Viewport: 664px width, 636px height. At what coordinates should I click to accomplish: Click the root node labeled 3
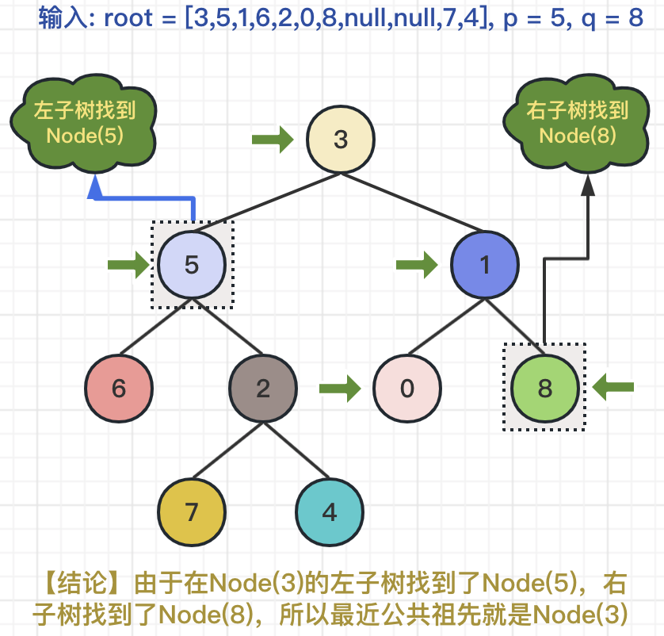click(x=341, y=140)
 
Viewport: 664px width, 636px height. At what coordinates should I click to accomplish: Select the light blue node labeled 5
click(x=192, y=264)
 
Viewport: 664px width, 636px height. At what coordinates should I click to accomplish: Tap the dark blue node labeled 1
click(x=485, y=264)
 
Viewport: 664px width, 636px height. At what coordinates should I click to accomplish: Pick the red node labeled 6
click(x=119, y=389)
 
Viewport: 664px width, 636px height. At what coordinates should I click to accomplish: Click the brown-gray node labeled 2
click(x=263, y=389)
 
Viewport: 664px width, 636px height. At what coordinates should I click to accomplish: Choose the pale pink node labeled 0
click(x=407, y=389)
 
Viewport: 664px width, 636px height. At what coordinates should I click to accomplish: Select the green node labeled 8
click(x=545, y=389)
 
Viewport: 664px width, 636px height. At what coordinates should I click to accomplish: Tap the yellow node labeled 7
click(x=191, y=511)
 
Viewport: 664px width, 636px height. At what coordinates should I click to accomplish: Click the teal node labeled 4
click(x=330, y=511)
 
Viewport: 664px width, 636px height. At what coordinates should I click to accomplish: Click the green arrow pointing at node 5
click(x=128, y=265)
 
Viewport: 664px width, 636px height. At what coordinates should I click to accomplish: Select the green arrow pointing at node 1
click(x=417, y=265)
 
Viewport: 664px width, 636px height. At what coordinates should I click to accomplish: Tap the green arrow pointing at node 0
click(x=339, y=389)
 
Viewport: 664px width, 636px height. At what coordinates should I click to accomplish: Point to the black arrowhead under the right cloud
click(x=587, y=186)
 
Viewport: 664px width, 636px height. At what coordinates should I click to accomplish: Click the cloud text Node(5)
click(x=85, y=135)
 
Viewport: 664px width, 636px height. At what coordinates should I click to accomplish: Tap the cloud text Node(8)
click(x=578, y=135)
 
